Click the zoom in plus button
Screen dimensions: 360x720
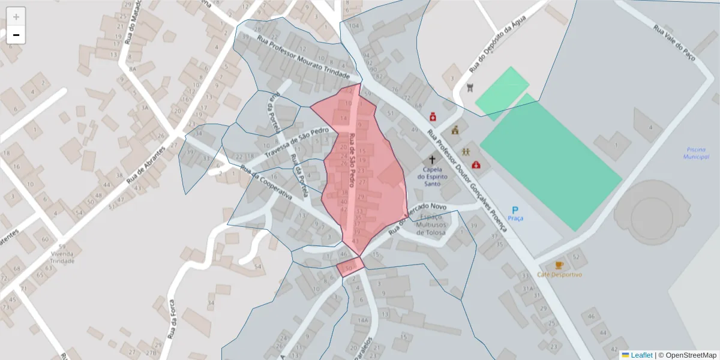16,17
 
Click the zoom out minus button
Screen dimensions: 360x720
16,35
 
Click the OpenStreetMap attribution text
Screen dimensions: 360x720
687,355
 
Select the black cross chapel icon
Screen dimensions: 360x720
432,160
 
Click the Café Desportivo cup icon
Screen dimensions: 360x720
559,265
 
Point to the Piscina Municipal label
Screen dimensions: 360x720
696,153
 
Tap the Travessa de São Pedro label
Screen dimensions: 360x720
296,142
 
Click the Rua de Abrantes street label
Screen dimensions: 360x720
146,165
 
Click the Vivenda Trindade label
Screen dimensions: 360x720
62,257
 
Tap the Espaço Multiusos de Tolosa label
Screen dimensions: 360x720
431,224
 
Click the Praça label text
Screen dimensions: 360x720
515,218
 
